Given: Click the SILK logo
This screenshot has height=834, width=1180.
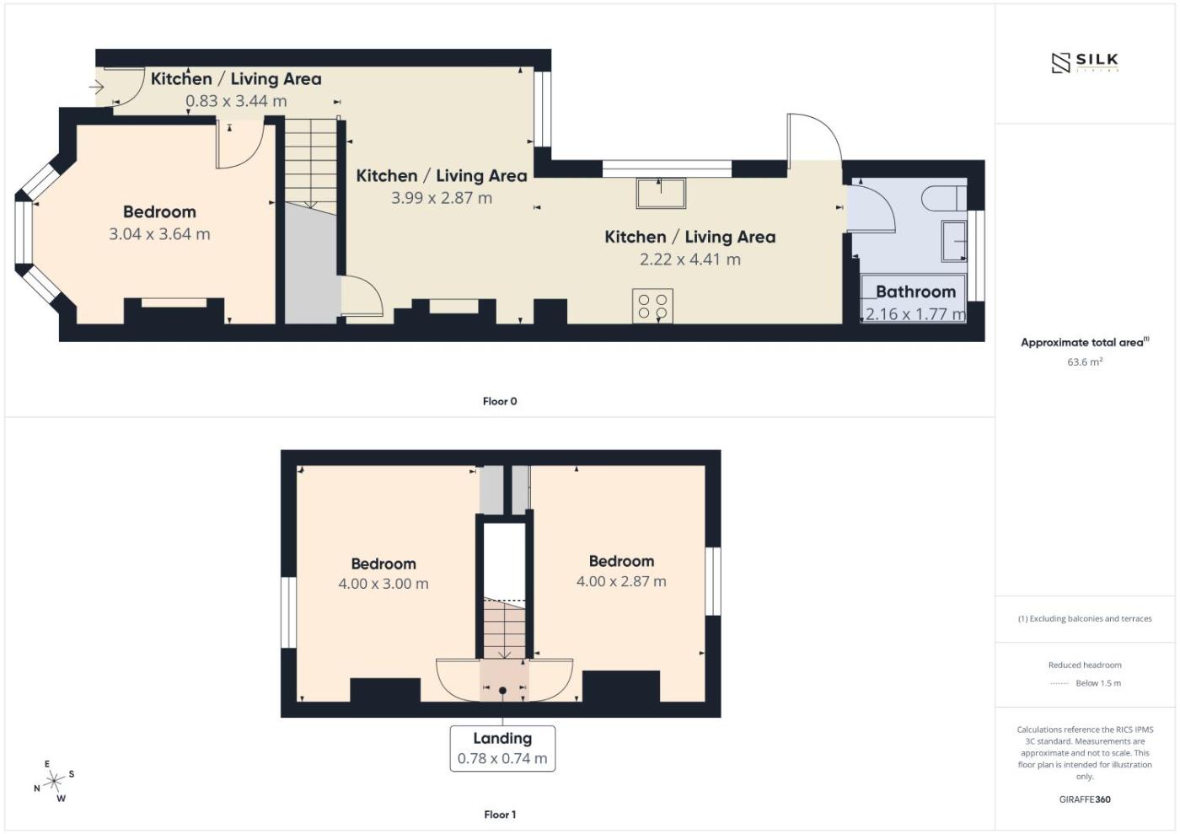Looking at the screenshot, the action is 1085,62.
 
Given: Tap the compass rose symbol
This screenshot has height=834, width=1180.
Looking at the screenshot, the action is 54,781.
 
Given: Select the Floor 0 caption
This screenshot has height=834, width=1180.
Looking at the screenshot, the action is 499,401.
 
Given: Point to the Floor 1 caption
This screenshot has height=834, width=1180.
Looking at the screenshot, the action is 499,815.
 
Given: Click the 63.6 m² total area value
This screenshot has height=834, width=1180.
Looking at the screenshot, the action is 1085,361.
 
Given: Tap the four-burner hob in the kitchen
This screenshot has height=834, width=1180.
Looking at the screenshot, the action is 652,306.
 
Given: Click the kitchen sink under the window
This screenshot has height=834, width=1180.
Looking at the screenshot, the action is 661,193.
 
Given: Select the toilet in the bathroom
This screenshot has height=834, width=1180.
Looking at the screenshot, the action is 944,199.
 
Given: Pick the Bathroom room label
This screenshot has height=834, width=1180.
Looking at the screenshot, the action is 915,291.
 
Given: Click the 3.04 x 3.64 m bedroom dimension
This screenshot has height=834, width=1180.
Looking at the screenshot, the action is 159,234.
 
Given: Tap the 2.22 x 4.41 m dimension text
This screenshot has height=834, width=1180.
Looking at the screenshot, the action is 690,259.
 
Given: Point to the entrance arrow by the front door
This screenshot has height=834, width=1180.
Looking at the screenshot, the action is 96,87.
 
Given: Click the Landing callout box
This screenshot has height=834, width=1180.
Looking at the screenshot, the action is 502,748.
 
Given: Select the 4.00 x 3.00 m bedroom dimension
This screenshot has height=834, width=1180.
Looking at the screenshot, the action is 383,583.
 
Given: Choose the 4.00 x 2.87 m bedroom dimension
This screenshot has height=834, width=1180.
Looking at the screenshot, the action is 621,581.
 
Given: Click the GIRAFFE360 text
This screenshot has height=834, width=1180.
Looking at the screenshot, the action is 1085,799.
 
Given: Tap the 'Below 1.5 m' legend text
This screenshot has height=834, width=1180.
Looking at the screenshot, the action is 1098,683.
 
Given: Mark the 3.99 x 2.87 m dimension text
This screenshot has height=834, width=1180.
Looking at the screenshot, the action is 442,198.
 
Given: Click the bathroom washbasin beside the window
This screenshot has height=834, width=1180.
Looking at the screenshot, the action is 954,241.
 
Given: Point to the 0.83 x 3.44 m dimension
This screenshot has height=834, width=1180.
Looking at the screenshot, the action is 236,100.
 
